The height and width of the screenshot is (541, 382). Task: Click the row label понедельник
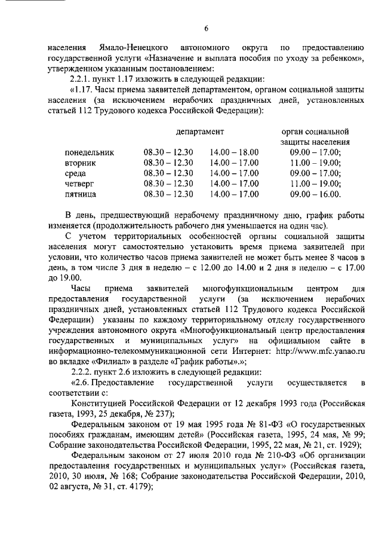[89, 152]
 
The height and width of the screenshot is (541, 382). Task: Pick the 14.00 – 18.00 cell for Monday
[235, 152]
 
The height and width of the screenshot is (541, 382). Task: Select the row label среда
[75, 173]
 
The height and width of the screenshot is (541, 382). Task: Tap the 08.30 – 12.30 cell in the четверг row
[168, 184]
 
